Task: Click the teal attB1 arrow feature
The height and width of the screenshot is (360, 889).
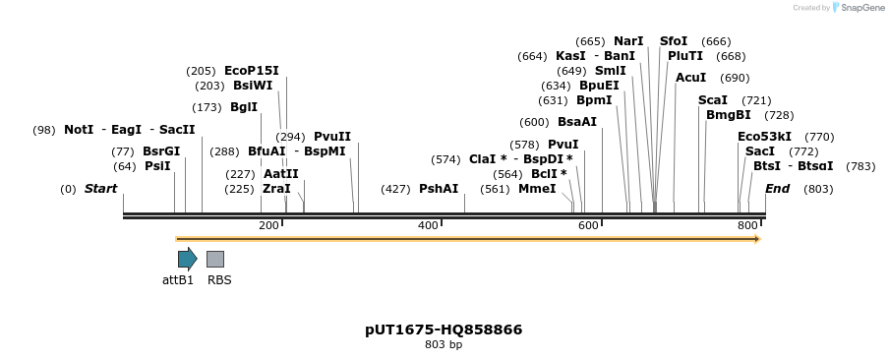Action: click(x=187, y=259)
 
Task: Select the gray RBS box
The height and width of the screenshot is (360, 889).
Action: click(x=215, y=259)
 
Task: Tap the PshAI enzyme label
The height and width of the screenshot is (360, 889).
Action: click(x=439, y=189)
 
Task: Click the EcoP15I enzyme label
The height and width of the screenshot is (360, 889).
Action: click(x=252, y=71)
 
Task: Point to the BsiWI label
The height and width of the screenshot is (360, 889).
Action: click(x=253, y=87)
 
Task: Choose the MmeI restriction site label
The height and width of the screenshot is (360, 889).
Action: click(x=537, y=189)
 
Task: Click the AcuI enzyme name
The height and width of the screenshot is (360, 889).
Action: click(x=690, y=78)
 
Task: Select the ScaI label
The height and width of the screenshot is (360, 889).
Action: click(x=713, y=100)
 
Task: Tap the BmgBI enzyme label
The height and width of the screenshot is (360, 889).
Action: click(x=729, y=115)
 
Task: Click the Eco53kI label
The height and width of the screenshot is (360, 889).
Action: click(x=764, y=137)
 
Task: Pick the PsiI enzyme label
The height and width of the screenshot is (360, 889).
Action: click(x=157, y=166)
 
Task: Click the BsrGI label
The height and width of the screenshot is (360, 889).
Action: click(x=161, y=151)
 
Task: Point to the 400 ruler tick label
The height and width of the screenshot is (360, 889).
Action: click(x=428, y=226)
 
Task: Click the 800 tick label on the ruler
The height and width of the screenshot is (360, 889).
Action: click(x=747, y=226)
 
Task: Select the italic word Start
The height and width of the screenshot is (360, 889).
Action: click(x=100, y=189)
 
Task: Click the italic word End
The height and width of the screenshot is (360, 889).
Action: click(x=777, y=189)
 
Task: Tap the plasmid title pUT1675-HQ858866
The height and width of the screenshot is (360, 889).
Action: click(x=444, y=330)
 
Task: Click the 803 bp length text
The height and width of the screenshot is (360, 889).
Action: click(x=444, y=345)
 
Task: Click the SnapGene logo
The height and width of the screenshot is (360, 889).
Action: click(x=859, y=8)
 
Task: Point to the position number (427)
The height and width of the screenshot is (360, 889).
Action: click(x=395, y=189)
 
